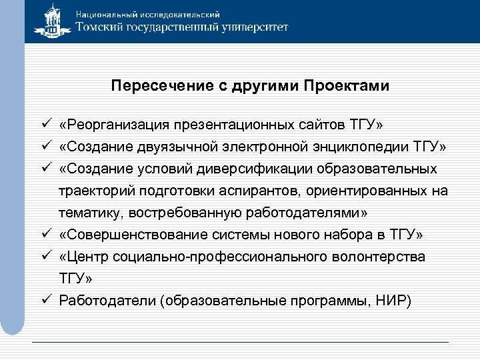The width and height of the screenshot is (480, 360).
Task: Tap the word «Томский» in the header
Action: [x=102, y=27]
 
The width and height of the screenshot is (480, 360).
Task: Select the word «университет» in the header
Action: [x=252, y=27]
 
